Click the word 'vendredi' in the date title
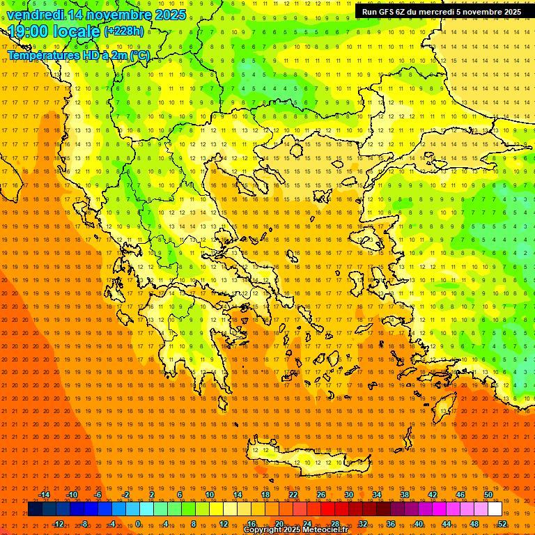[x=35, y=15]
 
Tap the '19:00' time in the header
[x=29, y=31]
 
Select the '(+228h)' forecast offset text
[x=124, y=31]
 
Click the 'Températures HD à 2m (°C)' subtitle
[x=78, y=55]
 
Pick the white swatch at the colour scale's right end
[x=495, y=509]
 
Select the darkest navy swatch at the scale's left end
[x=35, y=509]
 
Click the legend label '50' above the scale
[x=488, y=495]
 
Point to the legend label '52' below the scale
[x=502, y=524]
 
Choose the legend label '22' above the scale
[x=293, y=495]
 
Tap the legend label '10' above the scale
[x=210, y=495]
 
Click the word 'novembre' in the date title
[x=114, y=15]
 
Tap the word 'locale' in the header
[x=79, y=31]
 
